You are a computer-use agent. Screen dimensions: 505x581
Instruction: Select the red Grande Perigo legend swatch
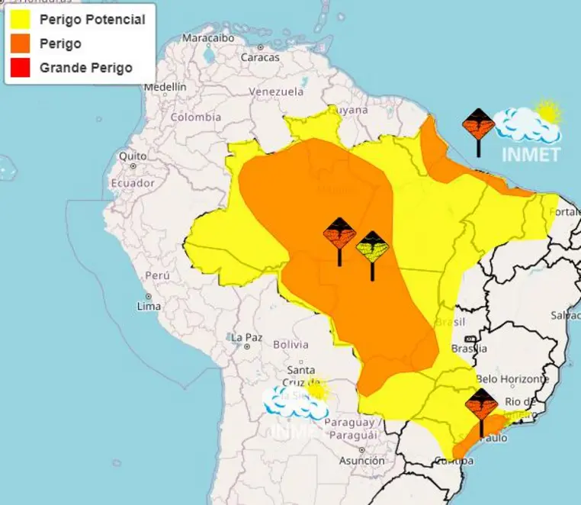(21, 68)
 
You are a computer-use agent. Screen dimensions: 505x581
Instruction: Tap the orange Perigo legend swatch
(21, 43)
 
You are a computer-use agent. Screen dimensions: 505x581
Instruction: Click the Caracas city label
(261, 57)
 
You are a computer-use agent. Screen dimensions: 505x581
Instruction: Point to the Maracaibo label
(207, 37)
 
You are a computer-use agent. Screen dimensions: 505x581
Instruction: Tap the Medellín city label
(165, 87)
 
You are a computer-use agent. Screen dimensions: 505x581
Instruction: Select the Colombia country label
(195, 117)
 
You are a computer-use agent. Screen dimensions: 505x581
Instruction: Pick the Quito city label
(131, 156)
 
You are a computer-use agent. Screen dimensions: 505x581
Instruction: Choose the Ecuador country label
(133, 183)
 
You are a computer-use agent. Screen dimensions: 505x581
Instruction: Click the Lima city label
(149, 306)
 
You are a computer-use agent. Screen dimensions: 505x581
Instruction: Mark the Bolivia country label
(290, 344)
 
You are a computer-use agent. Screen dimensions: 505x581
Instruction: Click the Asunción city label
(361, 461)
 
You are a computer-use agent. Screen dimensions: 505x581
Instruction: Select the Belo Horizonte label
(512, 378)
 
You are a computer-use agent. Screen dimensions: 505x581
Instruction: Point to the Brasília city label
(469, 349)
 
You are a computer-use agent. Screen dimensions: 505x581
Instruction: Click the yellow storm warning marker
(372, 248)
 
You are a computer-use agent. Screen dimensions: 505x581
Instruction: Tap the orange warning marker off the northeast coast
(479, 124)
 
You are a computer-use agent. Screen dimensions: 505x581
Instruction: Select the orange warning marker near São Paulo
(481, 404)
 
